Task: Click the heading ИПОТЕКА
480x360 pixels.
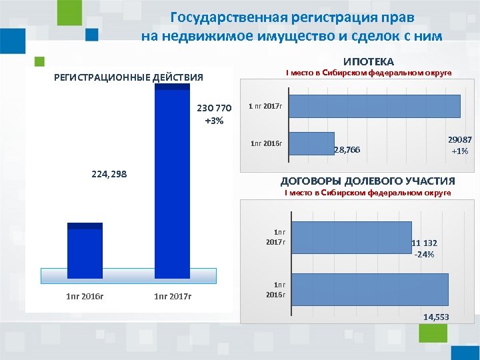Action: point(369,61)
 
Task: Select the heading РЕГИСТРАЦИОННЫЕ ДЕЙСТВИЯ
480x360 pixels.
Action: point(128,77)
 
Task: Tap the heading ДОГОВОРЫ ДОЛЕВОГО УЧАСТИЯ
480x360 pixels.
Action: point(367,181)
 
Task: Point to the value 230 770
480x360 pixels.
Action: point(214,108)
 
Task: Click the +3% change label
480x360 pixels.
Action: point(214,121)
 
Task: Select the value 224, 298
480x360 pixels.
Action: point(108,174)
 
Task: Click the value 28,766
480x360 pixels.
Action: point(346,150)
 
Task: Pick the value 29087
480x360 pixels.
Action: point(459,140)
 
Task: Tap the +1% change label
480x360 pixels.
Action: point(459,151)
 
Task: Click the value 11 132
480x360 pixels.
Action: point(424,243)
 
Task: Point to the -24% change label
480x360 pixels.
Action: point(424,255)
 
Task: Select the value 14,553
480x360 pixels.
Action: point(435,317)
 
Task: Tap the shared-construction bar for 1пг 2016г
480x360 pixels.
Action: point(370,290)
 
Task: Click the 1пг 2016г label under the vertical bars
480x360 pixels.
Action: point(85,295)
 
